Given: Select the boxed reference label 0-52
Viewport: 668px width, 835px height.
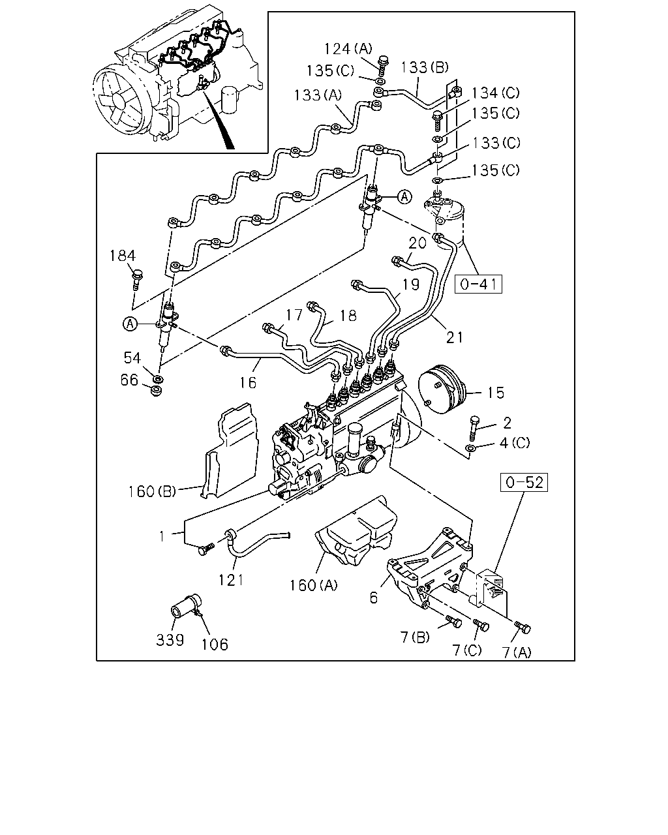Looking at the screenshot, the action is [524, 482].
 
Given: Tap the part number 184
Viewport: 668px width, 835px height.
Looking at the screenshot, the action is [123, 256].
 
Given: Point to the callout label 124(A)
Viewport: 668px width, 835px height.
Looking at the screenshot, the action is [348, 49].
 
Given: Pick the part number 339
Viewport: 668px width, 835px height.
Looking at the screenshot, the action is [170, 640].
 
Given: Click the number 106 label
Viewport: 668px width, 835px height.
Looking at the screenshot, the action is [215, 645].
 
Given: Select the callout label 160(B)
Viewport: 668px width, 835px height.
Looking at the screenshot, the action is [152, 492].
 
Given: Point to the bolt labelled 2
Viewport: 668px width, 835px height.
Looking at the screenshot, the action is [474, 429].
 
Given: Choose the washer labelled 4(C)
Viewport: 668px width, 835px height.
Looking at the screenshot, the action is [471, 449].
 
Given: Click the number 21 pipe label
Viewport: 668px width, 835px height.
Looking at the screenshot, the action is [455, 337].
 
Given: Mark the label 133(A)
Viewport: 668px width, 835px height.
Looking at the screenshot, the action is [318, 95].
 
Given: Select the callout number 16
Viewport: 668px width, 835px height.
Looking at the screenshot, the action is [248, 382].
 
